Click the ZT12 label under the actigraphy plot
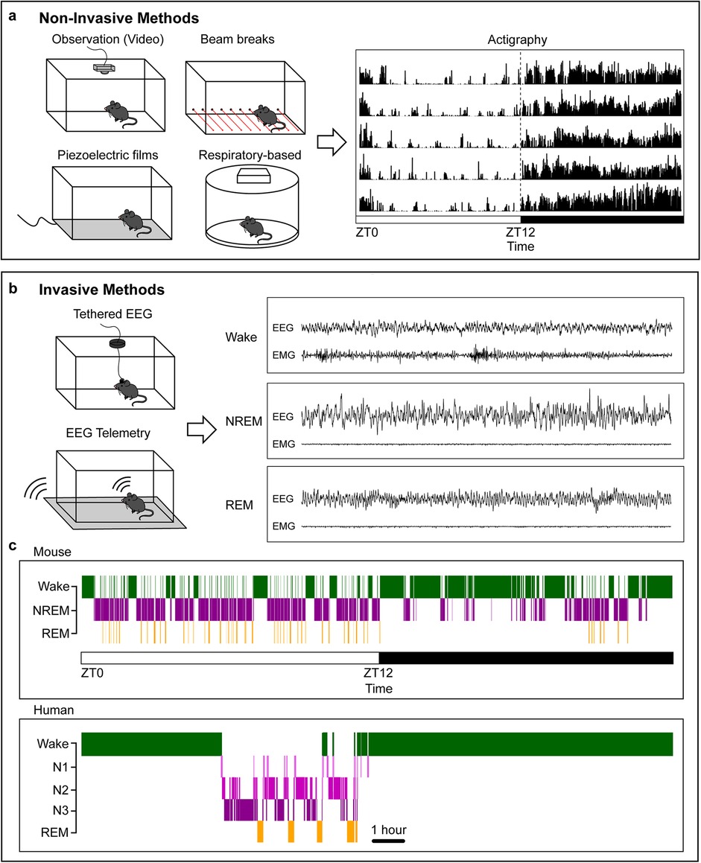tap(519, 232)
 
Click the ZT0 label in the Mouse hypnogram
tap(91, 675)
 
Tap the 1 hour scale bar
tap(388, 841)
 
